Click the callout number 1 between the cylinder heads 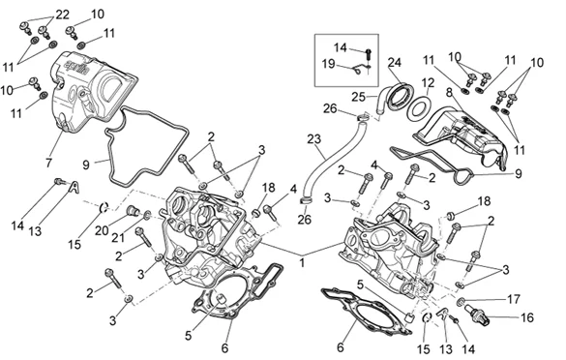tap(302, 262)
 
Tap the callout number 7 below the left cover tap(49, 163)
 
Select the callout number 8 tap(449, 93)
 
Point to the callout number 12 tap(428, 83)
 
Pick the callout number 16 tap(527, 317)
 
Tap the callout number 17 tap(514, 299)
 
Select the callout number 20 tap(102, 230)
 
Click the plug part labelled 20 tap(133, 211)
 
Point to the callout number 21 tap(118, 238)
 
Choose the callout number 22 tap(62, 15)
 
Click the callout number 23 tap(314, 139)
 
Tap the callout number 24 tap(395, 62)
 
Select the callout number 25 tap(359, 97)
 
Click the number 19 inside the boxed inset tap(329, 64)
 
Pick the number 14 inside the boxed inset tap(340, 47)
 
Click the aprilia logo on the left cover tap(76, 67)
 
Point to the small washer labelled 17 tap(461, 301)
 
